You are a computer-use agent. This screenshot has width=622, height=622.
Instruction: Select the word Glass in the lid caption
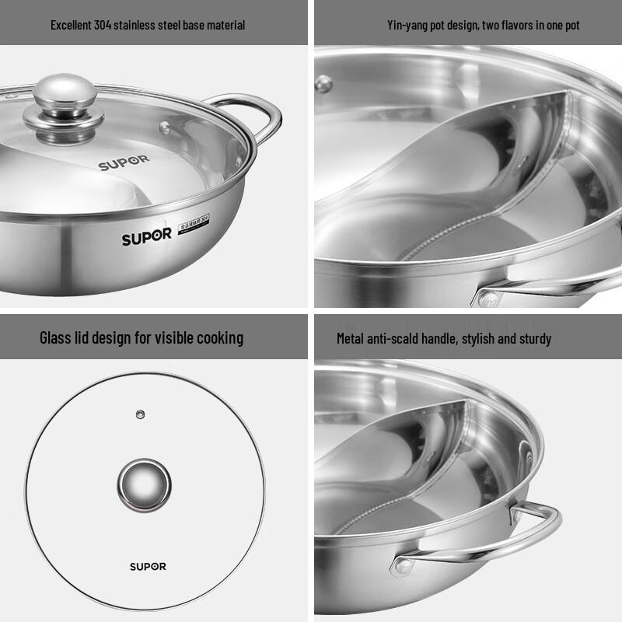point(56,337)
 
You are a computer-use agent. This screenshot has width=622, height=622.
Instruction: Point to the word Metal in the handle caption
point(350,338)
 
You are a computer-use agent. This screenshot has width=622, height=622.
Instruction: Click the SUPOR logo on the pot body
point(146,236)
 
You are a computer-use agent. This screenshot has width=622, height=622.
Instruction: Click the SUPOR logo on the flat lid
point(147,566)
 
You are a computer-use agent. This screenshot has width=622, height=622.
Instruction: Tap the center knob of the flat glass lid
point(144,481)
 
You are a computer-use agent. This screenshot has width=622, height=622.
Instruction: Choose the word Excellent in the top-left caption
point(72,25)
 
